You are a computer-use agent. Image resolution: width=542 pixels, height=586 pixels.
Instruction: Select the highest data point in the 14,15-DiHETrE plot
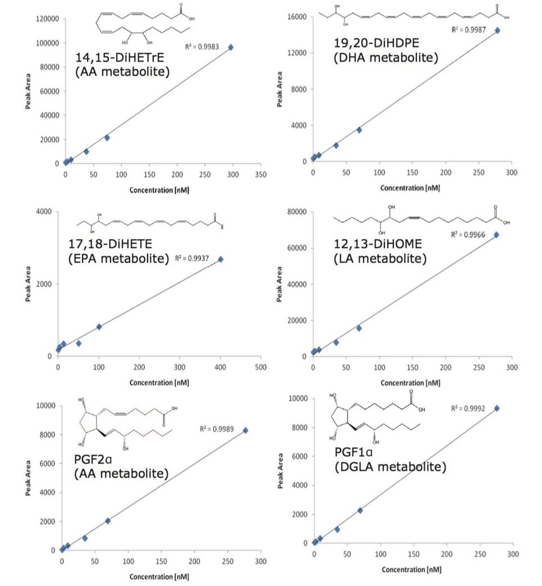pyautogui.click(x=231, y=47)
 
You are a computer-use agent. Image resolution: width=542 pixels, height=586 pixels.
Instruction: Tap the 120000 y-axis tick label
pyautogui.click(x=48, y=19)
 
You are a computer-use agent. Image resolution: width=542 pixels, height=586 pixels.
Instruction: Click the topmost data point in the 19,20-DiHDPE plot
pyautogui.click(x=497, y=30)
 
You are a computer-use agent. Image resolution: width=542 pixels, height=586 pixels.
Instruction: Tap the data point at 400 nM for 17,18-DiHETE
pyautogui.click(x=221, y=259)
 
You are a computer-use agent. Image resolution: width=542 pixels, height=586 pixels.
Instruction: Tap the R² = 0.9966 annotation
pyautogui.click(x=467, y=234)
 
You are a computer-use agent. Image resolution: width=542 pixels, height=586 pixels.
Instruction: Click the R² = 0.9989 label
pyautogui.click(x=216, y=429)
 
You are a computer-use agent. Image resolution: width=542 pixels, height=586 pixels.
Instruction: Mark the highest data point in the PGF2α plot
pyautogui.click(x=245, y=431)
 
